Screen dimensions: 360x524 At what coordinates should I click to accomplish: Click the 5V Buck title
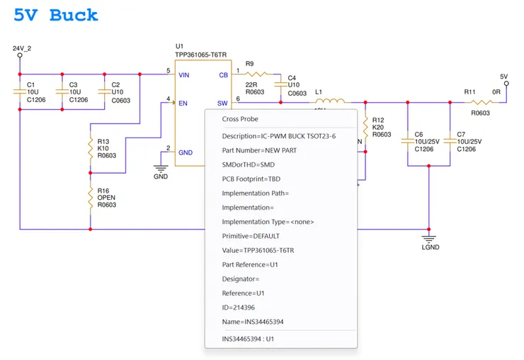[56, 16]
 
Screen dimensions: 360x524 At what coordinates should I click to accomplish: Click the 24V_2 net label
[23, 48]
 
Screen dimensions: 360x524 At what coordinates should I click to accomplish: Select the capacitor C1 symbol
[20, 91]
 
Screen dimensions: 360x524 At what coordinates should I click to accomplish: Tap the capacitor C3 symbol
[62, 91]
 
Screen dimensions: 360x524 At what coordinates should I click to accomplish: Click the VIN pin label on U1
[183, 74]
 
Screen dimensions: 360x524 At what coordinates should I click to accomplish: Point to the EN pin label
[183, 103]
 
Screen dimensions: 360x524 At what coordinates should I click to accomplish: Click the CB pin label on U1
[223, 74]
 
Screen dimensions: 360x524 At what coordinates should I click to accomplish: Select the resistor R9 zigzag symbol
[256, 74]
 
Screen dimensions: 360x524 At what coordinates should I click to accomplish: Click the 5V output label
[503, 77]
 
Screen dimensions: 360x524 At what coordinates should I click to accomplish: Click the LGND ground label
[431, 247]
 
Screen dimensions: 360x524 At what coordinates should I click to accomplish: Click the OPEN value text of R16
[107, 198]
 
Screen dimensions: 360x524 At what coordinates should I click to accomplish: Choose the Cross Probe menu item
[240, 120]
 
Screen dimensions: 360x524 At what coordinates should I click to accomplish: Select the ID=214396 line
[238, 308]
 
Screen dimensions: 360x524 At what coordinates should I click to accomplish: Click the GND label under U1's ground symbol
[161, 176]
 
